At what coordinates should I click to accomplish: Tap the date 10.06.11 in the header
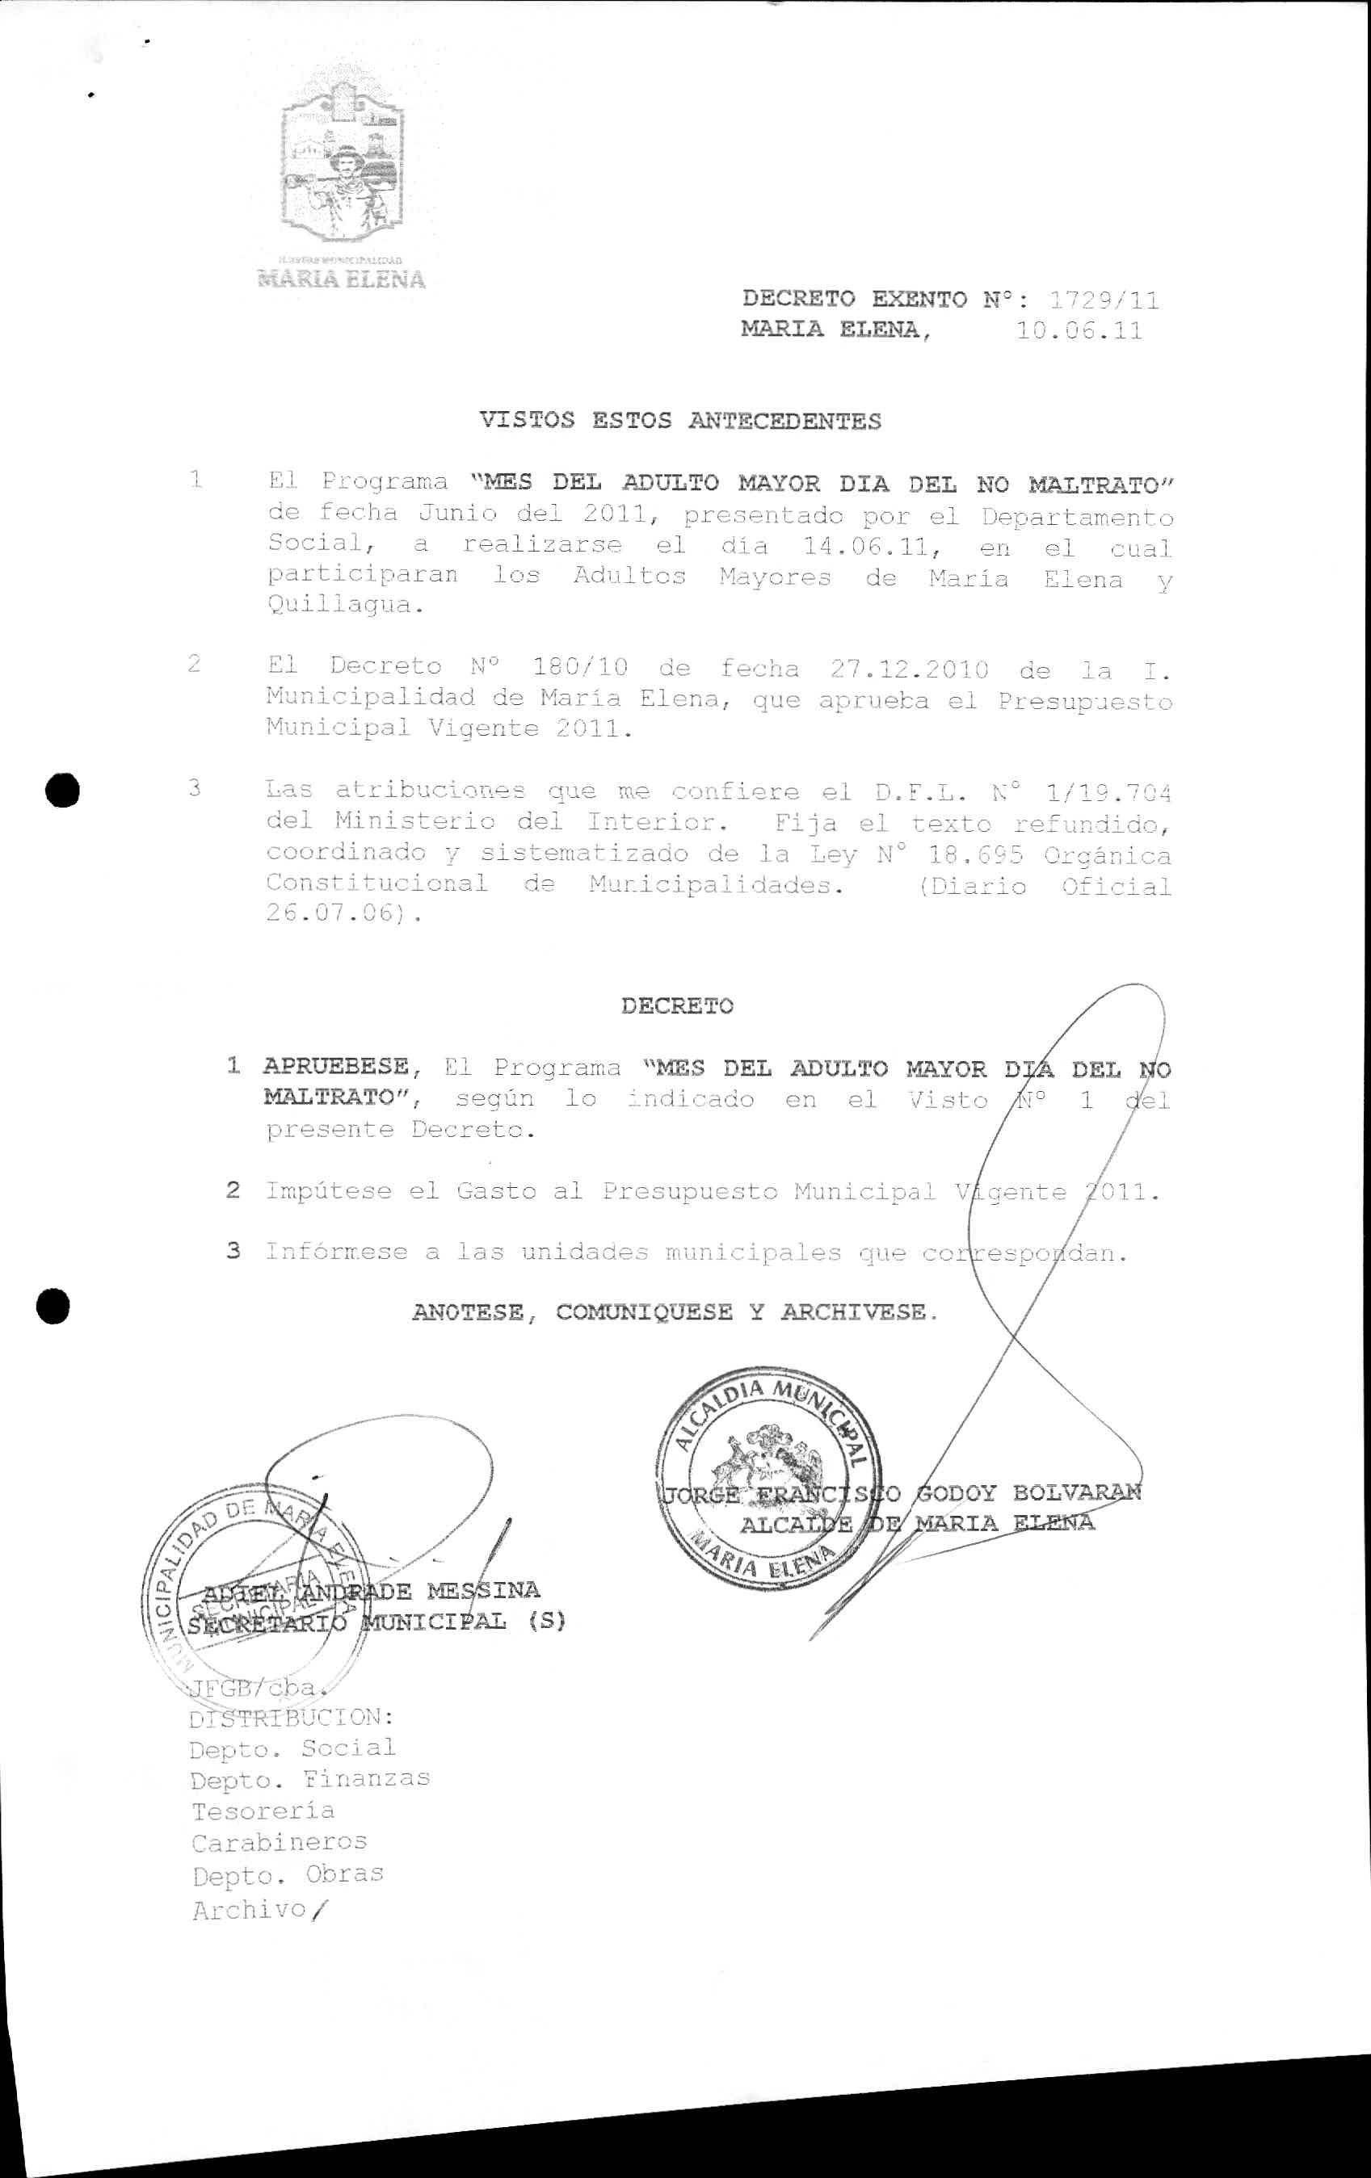tap(1079, 331)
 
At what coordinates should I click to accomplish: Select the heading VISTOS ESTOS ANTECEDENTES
tap(679, 421)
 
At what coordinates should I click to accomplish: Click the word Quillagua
tap(344, 606)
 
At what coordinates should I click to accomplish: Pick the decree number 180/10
tap(580, 668)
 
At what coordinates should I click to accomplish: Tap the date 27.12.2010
tap(909, 670)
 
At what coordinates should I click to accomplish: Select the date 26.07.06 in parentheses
tap(331, 913)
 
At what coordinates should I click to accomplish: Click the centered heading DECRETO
tap(677, 1005)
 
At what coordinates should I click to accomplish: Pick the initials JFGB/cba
tap(251, 1688)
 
